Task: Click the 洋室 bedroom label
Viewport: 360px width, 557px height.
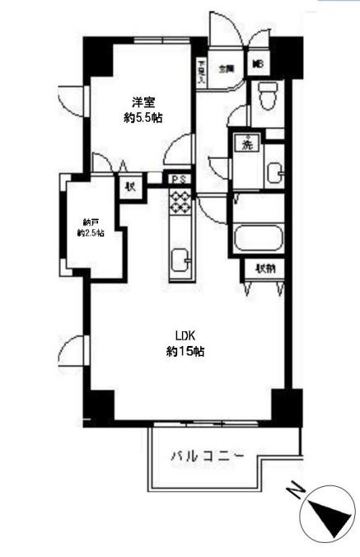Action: [144, 103]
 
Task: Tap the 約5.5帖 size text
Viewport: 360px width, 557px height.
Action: [144, 118]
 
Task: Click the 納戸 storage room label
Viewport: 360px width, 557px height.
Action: [90, 221]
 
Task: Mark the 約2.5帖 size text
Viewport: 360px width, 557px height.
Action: [90, 233]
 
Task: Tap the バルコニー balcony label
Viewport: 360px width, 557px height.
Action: [208, 454]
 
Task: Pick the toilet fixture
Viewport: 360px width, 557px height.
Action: [267, 96]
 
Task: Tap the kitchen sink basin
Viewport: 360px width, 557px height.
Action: [180, 263]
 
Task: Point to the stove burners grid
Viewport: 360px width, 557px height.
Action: [180, 202]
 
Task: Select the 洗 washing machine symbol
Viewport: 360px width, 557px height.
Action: [245, 143]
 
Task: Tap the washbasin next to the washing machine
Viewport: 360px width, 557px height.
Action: [274, 172]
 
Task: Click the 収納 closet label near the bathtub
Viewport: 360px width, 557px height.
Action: [264, 268]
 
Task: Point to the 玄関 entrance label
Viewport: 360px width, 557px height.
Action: [226, 69]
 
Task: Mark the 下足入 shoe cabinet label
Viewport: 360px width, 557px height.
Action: [200, 69]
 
